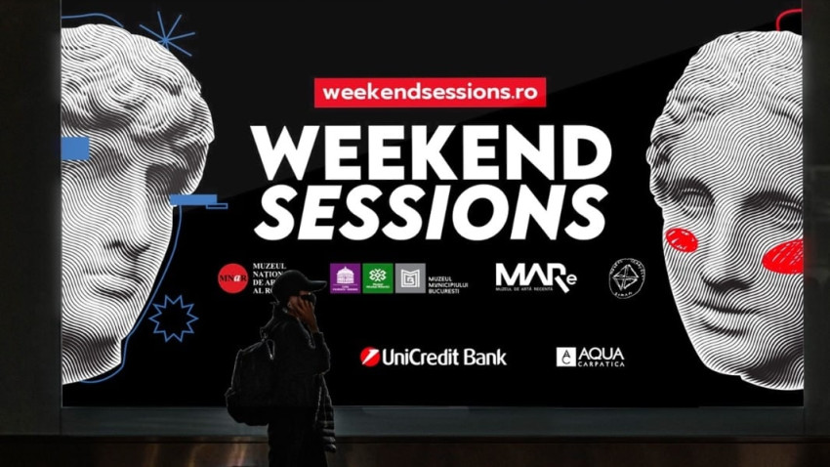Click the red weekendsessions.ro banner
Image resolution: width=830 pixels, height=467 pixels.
click(x=430, y=92)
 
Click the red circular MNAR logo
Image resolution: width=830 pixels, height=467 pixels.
click(x=232, y=278)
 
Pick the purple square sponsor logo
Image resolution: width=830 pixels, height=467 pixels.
click(x=345, y=278)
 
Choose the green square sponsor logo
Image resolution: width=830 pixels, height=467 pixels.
click(x=378, y=278)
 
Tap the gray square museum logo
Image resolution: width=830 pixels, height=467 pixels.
click(x=410, y=278)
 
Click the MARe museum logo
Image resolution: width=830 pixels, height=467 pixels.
click(x=535, y=277)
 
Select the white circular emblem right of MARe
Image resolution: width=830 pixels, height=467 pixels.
click(x=627, y=277)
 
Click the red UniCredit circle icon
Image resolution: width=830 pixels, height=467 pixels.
click(x=369, y=357)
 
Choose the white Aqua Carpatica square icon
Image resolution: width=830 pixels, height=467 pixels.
click(x=565, y=357)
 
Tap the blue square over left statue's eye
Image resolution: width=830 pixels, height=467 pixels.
click(x=75, y=148)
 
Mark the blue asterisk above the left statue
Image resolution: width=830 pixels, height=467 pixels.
click(x=166, y=34)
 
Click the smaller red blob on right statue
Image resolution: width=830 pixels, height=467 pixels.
click(x=681, y=239)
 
